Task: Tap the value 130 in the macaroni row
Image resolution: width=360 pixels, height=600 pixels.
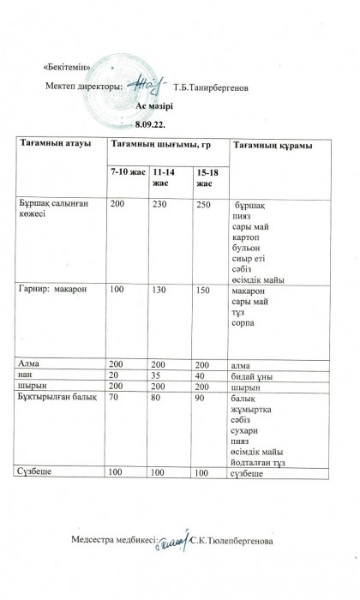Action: (x=160, y=291)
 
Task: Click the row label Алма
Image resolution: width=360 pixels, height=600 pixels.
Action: (x=30, y=364)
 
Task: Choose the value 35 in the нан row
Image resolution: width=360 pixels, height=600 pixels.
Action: (x=158, y=375)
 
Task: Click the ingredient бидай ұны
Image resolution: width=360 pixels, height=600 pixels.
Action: (x=253, y=375)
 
